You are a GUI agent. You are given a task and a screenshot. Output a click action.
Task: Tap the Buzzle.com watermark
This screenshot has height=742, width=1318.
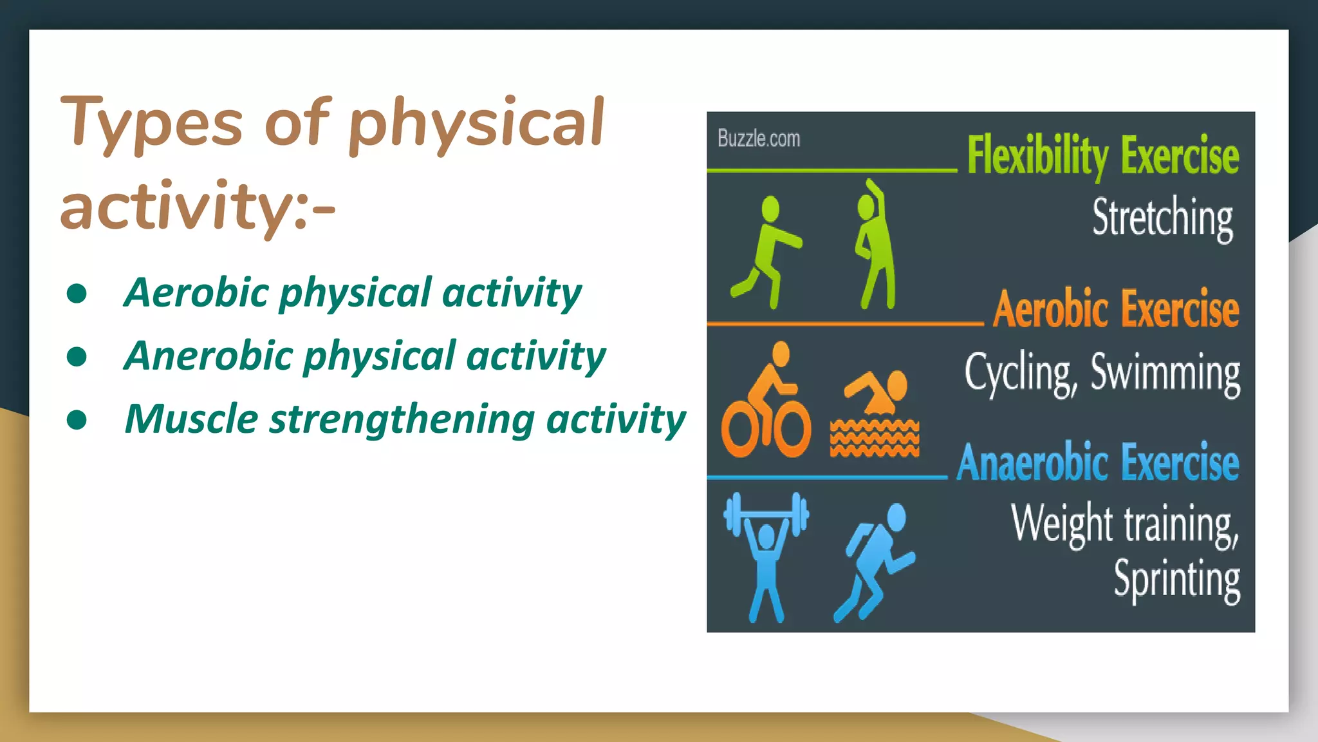758,138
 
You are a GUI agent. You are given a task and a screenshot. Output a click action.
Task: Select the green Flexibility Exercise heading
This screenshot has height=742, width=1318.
1102,156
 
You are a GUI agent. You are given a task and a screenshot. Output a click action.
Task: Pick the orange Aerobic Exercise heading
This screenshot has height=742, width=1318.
1115,309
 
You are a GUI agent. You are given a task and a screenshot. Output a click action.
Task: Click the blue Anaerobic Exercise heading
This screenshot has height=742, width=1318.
1097,462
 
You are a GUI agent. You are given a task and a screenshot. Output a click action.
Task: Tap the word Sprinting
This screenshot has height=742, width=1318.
1176,580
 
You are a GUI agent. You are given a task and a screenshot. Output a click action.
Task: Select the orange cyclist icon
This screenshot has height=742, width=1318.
766,403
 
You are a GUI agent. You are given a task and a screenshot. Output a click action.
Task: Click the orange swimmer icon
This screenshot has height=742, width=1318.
875,412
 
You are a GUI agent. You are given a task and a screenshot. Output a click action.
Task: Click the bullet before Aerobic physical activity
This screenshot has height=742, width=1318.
77,294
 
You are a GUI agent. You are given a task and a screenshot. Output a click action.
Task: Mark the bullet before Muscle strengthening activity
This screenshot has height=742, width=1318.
77,420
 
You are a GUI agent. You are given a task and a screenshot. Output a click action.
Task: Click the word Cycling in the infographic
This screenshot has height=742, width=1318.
1019,374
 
